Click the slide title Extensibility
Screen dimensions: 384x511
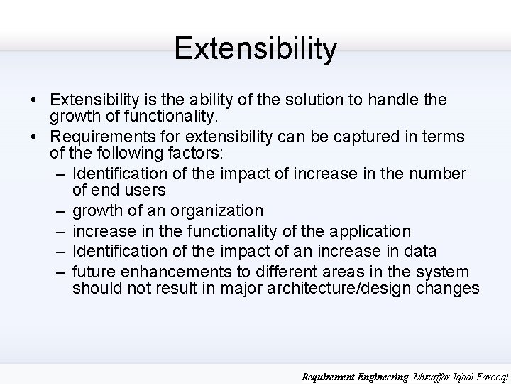point(255,48)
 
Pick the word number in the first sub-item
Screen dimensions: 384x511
point(439,174)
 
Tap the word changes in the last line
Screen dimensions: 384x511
point(450,289)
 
